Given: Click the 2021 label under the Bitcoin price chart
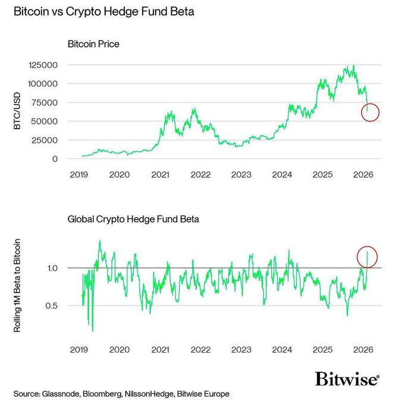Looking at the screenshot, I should (x=160, y=175).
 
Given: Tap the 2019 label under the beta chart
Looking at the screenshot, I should (x=79, y=350).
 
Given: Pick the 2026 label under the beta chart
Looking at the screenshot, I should (x=363, y=350).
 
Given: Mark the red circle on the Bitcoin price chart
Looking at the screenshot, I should (x=370, y=111).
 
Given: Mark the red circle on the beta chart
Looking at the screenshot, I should (x=367, y=256).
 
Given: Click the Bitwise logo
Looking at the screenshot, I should (x=346, y=379).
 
